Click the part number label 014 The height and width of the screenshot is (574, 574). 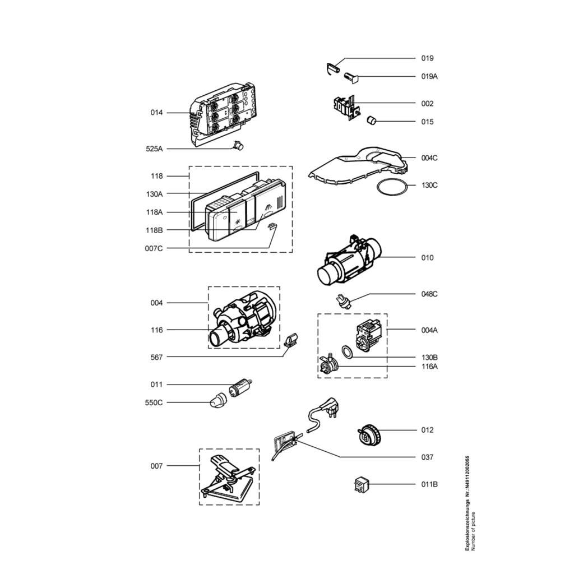(x=156, y=112)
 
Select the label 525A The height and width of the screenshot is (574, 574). (x=154, y=149)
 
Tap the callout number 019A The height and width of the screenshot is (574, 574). (x=429, y=76)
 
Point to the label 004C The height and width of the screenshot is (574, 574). (x=429, y=158)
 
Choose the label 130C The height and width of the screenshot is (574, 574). (x=429, y=185)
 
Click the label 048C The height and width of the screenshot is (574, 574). (x=429, y=294)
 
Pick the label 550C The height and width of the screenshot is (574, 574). (x=154, y=402)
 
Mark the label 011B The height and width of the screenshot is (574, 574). (x=429, y=484)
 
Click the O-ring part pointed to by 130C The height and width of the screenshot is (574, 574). (x=392, y=179)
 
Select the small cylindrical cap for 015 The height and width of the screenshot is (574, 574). (x=372, y=120)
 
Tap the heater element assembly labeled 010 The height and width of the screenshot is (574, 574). (x=348, y=260)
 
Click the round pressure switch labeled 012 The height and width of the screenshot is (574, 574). (x=370, y=434)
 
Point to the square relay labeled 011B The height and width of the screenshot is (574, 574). (x=362, y=485)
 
